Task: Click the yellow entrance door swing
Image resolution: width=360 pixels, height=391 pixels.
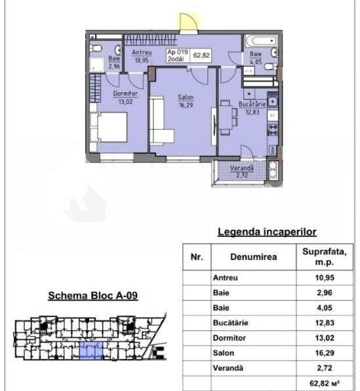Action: click(x=188, y=22)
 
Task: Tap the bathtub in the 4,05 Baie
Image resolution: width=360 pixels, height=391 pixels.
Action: click(x=261, y=41)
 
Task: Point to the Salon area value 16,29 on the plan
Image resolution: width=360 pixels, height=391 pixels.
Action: click(x=186, y=105)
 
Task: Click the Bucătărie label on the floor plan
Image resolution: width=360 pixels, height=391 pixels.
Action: click(x=252, y=103)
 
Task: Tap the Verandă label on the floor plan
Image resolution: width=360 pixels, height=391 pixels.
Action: click(x=242, y=168)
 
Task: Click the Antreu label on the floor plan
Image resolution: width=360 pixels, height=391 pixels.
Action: click(x=142, y=52)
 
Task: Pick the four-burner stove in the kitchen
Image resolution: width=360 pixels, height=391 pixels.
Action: click(x=272, y=130)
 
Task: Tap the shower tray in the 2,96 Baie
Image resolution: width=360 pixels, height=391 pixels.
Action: click(x=96, y=65)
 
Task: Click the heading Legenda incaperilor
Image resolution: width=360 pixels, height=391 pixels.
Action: click(x=267, y=232)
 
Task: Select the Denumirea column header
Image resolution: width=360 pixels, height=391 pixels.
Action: click(x=253, y=257)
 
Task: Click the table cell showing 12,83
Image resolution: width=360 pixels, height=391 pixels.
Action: click(x=325, y=323)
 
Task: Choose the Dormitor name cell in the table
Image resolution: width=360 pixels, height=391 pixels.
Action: click(x=253, y=338)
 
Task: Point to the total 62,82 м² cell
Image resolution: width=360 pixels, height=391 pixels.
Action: click(x=325, y=383)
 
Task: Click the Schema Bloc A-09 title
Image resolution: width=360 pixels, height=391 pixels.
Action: click(x=93, y=295)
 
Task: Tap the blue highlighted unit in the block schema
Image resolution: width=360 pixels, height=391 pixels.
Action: click(x=91, y=350)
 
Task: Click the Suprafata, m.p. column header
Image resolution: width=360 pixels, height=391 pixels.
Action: click(x=325, y=257)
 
